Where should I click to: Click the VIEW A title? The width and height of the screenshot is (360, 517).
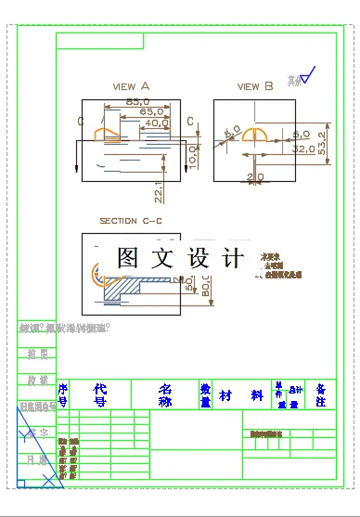point(131,86)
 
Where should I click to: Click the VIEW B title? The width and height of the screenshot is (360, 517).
point(255,86)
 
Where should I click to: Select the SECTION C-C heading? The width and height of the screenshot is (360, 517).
point(131,221)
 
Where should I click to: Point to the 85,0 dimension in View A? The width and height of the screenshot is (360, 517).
point(137,100)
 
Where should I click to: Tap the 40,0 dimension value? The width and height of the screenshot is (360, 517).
point(156,122)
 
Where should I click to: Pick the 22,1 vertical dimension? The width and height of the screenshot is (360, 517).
point(159,191)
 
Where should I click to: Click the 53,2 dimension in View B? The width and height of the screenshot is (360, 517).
point(322,147)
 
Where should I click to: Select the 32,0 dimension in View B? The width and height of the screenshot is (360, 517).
point(303,148)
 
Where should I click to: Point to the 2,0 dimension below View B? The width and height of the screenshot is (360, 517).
point(255,176)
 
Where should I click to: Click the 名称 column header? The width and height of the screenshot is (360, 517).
point(165,395)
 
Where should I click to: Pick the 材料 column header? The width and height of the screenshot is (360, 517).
point(240,395)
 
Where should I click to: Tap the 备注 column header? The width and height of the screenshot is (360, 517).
point(320,395)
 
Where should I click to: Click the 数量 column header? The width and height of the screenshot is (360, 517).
point(205,395)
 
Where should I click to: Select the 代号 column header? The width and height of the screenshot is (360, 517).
point(100,395)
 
